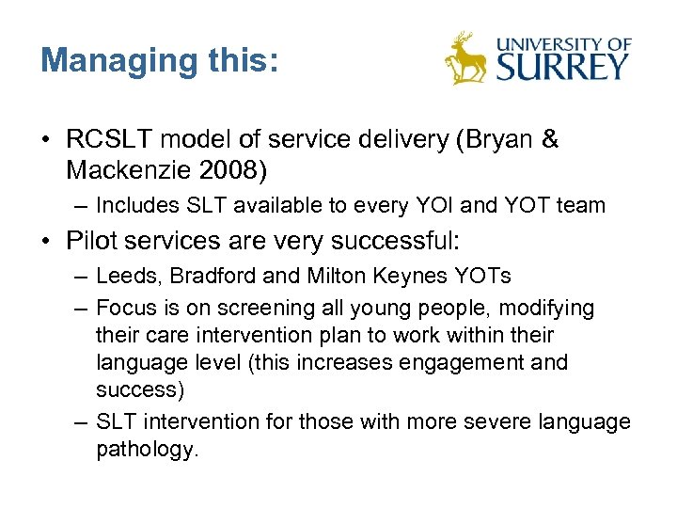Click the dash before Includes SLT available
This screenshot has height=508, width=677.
81,205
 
